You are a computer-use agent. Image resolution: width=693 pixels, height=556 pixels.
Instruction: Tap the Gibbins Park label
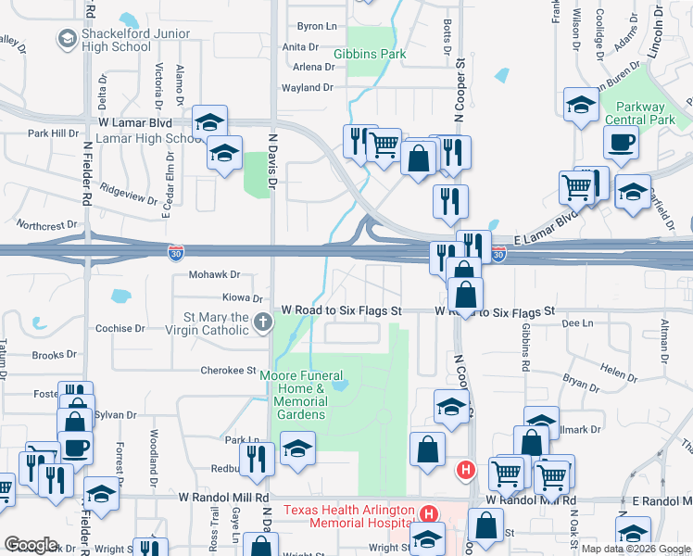pyautogui.click(x=370, y=55)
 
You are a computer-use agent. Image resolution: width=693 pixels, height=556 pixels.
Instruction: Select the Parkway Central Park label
pyautogui.click(x=639, y=113)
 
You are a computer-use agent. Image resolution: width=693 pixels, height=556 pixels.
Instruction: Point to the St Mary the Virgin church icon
pyautogui.click(x=263, y=322)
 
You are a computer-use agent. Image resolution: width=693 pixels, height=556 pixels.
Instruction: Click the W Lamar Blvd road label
pyautogui.click(x=137, y=122)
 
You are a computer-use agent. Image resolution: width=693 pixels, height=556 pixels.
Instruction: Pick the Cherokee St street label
pyautogui.click(x=228, y=371)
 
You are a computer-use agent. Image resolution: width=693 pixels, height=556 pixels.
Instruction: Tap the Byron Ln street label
pyautogui.click(x=314, y=27)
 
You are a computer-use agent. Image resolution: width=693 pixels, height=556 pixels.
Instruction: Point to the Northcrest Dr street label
pyautogui.click(x=47, y=225)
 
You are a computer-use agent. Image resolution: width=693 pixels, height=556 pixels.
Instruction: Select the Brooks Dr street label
pyautogui.click(x=54, y=355)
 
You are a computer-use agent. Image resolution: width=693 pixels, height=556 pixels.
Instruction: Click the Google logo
pyautogui.click(x=31, y=545)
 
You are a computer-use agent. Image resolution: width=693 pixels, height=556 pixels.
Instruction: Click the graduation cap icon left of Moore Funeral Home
pyautogui.click(x=297, y=449)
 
